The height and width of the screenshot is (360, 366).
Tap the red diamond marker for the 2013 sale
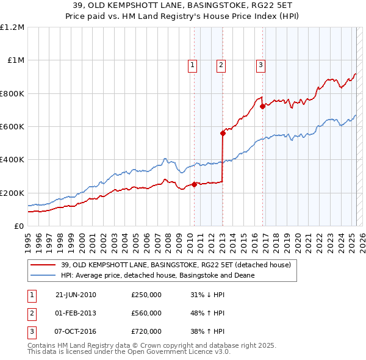[x=223, y=133]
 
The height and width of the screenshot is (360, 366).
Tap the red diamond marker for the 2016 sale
[x=262, y=106]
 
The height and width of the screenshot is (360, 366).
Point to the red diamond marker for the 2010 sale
[x=194, y=184]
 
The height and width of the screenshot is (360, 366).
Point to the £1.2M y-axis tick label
[x=12, y=27]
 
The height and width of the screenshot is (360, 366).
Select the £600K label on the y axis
[x=12, y=127]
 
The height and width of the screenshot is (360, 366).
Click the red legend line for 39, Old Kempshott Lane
[x=43, y=265]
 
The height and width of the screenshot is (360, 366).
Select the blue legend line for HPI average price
[x=43, y=275]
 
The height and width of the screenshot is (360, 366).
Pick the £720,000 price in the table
[x=146, y=331]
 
